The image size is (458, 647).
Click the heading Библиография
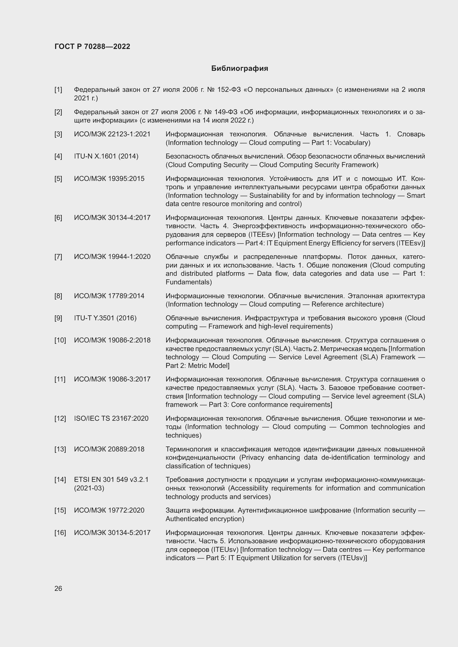click(240, 69)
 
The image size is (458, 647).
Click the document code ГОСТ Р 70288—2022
click(92, 46)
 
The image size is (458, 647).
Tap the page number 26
click(58, 588)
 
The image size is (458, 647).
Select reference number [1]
click(58, 90)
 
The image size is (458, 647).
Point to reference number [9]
click(58, 318)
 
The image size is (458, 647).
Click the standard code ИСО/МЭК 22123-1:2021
click(112, 134)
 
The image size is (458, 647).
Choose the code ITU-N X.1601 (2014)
click(106, 156)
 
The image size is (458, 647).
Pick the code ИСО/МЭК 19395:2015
click(109, 179)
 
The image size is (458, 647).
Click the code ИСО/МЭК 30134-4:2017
click(112, 217)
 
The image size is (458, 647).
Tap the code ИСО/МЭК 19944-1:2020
click(112, 257)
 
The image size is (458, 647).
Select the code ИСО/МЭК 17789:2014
click(109, 296)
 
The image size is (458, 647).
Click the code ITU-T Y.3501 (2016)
click(105, 318)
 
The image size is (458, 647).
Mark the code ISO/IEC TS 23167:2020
click(111, 419)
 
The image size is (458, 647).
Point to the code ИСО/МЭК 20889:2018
click(109, 449)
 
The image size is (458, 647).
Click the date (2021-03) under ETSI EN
click(89, 488)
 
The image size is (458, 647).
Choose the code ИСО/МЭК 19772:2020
click(109, 510)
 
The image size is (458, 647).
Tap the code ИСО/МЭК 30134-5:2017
click(112, 532)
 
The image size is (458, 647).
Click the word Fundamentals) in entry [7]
click(189, 282)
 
